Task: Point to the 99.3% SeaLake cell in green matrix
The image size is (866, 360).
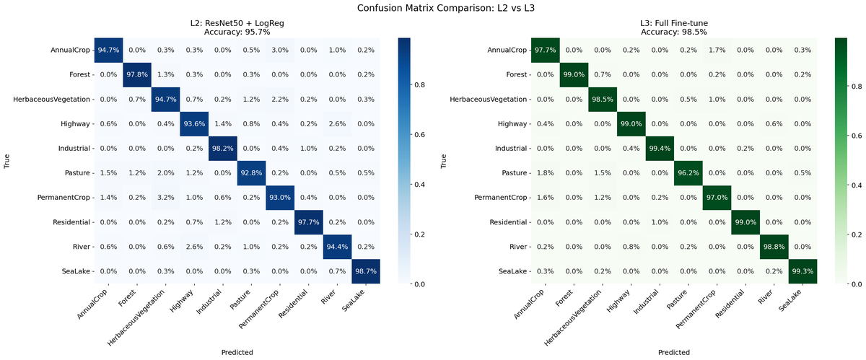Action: coord(802,271)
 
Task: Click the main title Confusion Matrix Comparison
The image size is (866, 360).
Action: coord(433,9)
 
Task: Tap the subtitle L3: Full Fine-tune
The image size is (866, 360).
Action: coord(674,23)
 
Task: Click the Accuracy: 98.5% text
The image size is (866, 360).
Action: coord(674,32)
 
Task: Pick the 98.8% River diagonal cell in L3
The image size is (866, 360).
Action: coord(774,247)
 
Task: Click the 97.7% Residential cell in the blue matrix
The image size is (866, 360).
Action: coord(309,222)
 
